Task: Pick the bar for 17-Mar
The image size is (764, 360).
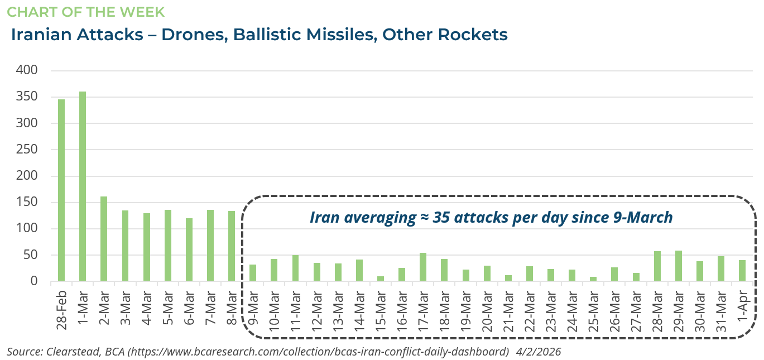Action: [423, 267]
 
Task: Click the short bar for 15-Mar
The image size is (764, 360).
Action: [381, 279]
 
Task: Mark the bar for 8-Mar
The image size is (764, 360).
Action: [232, 246]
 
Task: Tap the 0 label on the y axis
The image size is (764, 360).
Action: [33, 281]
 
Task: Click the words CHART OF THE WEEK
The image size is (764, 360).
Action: [85, 11]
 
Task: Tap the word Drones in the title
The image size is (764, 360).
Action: [194, 35]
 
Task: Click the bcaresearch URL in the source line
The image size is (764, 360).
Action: [309, 352]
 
